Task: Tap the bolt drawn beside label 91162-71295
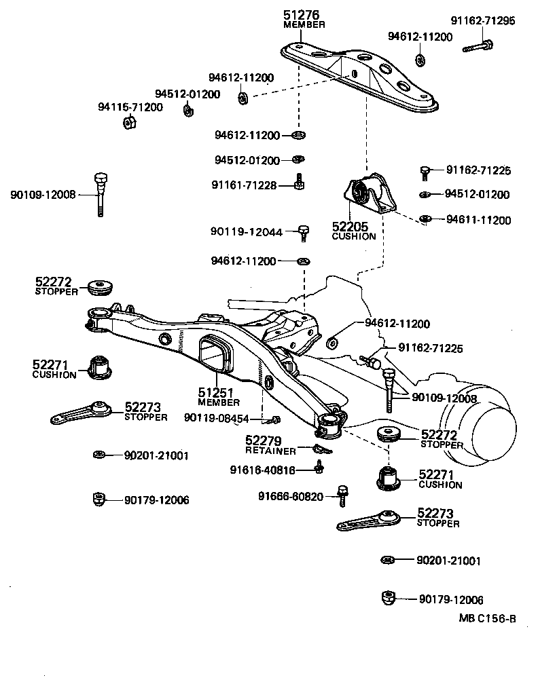478,47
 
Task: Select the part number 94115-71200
130,107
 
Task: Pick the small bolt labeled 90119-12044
304,233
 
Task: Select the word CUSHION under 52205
353,237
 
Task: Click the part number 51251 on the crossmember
216,393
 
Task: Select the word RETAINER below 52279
270,451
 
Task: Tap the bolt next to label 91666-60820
343,496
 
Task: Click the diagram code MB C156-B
487,618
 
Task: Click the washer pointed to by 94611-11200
425,219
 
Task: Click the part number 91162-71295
483,21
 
